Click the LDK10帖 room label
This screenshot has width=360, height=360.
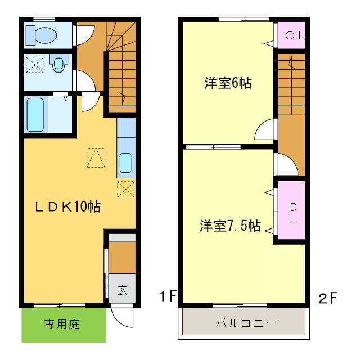[68, 206]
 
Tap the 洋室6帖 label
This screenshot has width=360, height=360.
[228, 84]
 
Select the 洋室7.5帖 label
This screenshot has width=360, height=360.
[229, 226]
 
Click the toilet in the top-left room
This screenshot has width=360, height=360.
[42, 35]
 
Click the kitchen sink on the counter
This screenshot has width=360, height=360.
[126, 163]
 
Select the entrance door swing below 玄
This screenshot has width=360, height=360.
[122, 315]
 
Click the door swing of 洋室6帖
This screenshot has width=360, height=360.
[265, 130]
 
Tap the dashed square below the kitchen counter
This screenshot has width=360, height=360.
[126, 189]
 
